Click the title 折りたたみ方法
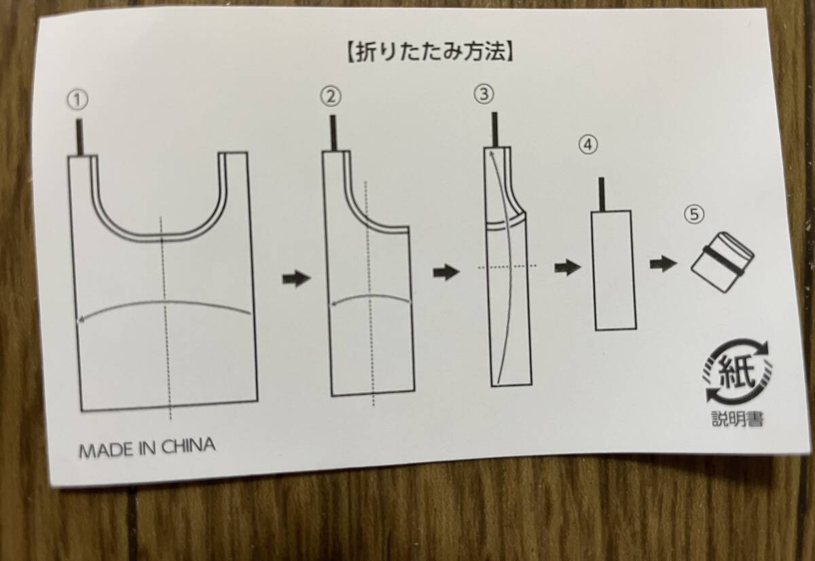point(430,53)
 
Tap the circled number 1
point(77,100)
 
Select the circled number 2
point(331,97)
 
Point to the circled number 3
point(484,94)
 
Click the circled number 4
point(588,145)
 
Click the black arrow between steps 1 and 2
point(297,278)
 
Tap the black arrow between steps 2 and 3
point(446,272)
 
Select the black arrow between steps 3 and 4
point(568,268)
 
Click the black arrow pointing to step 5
point(664,264)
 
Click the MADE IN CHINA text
point(147,448)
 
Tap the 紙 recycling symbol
point(737,371)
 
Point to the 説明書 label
point(738,419)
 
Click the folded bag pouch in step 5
point(723,261)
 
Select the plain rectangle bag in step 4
point(614,270)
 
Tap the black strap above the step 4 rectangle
point(602,194)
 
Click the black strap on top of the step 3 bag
point(495,130)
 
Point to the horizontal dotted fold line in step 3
point(507,267)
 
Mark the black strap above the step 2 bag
point(333,133)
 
